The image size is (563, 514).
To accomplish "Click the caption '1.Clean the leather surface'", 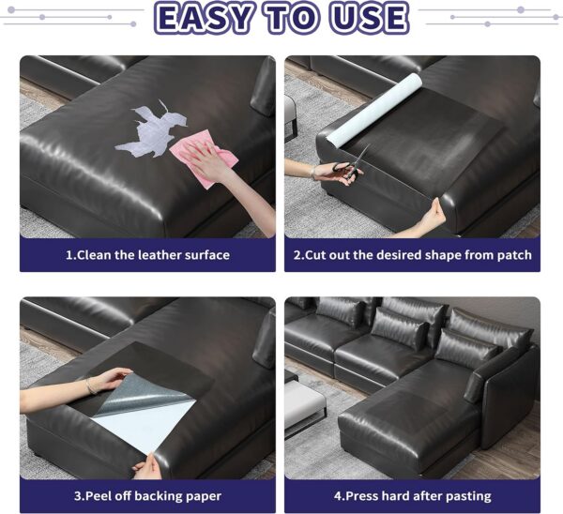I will [x=147, y=254].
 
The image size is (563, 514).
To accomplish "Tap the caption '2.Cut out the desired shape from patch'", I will [x=412, y=254].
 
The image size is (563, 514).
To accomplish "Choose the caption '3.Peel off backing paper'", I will [x=147, y=495].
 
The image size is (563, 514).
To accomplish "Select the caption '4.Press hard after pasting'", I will [x=412, y=495].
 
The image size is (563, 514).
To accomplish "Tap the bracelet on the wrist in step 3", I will [x=88, y=386].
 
